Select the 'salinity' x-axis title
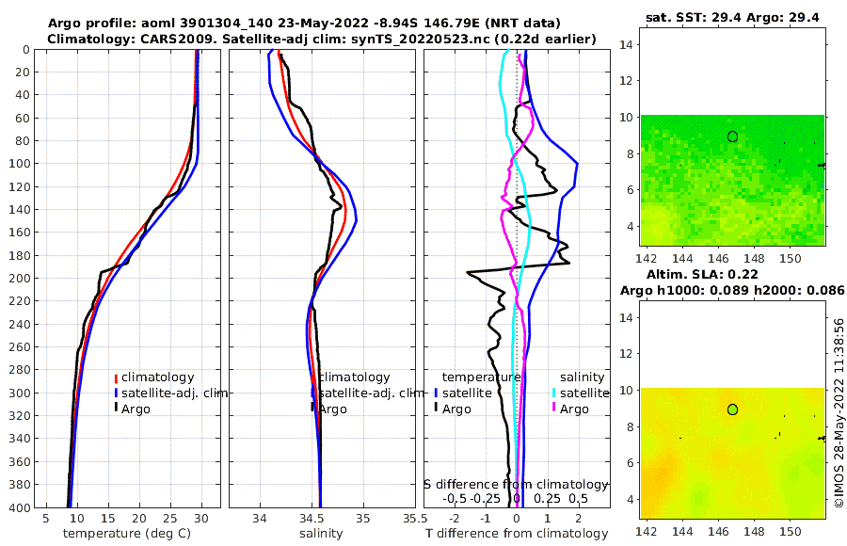(x=320, y=534)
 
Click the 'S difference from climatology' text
(x=516, y=483)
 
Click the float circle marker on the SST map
(x=732, y=136)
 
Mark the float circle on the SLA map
(x=732, y=409)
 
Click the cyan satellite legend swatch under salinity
(x=554, y=393)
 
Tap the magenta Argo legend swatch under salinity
(x=554, y=409)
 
